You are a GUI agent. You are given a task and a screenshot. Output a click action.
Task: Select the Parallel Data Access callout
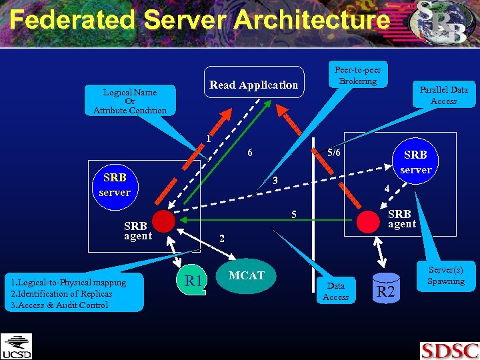pos(443,95)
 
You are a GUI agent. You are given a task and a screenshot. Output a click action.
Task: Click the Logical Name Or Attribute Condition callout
pos(130,101)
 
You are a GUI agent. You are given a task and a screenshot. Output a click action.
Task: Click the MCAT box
pos(247,276)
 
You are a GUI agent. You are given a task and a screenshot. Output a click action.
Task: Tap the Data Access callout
pos(335,291)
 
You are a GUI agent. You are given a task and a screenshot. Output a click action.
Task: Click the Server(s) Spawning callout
pos(445,275)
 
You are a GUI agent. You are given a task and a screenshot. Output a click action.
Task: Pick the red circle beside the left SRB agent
pos(163,221)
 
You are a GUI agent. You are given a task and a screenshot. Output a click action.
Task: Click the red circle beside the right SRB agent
pos(367,219)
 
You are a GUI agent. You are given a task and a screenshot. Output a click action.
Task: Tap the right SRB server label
pos(415,162)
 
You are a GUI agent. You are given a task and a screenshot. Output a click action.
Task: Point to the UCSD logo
pos(16,346)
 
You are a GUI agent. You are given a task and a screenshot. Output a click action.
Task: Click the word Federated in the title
pos(72,20)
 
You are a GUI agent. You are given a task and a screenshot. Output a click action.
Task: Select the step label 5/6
pos(333,153)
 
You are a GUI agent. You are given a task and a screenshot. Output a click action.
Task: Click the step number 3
pos(274,181)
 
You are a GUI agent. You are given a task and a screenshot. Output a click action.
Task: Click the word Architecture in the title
pos(311,20)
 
